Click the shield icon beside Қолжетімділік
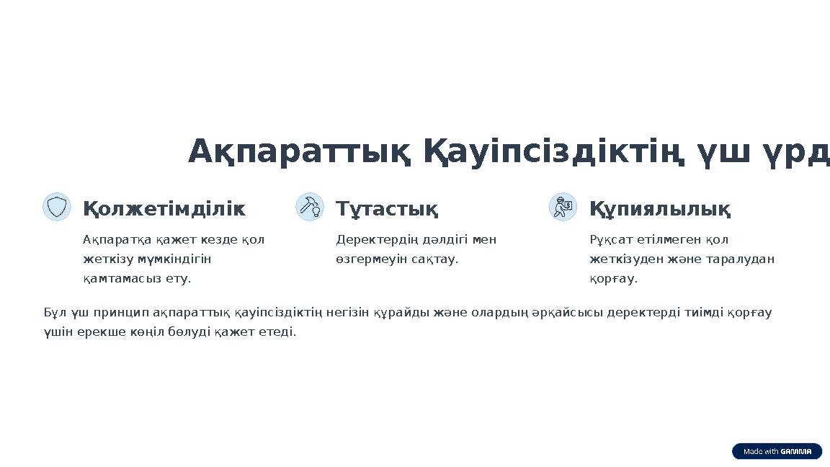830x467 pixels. (x=56, y=207)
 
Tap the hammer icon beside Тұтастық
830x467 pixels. (x=310, y=207)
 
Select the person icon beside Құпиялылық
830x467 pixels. (x=563, y=207)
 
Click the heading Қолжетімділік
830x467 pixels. (x=164, y=209)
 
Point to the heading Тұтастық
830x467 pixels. (x=387, y=209)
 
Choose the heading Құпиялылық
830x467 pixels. (x=660, y=209)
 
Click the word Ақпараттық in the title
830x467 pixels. (x=300, y=152)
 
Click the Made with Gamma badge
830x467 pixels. (x=777, y=451)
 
